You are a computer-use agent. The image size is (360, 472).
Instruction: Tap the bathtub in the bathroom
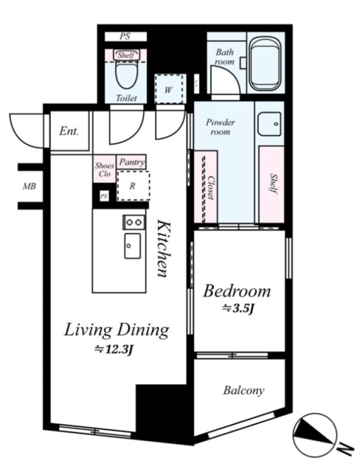(265, 64)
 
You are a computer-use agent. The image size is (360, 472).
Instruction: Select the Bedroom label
(237, 291)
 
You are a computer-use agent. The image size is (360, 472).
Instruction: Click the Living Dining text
(117, 330)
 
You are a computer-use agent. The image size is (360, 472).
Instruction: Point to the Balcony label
(244, 390)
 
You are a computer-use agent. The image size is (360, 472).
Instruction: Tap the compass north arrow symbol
(314, 434)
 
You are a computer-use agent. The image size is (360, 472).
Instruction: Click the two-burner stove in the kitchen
(134, 222)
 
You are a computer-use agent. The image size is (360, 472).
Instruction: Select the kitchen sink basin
(133, 246)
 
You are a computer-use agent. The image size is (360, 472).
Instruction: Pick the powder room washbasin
(270, 124)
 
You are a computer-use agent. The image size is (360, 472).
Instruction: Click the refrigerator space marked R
(134, 186)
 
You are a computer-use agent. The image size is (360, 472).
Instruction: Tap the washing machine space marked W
(169, 89)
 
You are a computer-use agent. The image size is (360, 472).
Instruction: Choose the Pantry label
(131, 162)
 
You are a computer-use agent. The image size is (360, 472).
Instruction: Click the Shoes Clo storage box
(105, 169)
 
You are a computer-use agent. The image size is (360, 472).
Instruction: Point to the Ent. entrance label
(69, 131)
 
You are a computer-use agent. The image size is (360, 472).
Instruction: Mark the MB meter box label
(30, 187)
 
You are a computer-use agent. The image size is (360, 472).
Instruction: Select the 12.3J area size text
(114, 349)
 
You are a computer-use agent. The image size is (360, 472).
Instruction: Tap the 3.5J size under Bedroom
(238, 308)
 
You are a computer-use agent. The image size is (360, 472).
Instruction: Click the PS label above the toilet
(125, 36)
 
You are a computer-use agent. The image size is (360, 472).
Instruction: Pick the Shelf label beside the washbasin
(273, 184)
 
